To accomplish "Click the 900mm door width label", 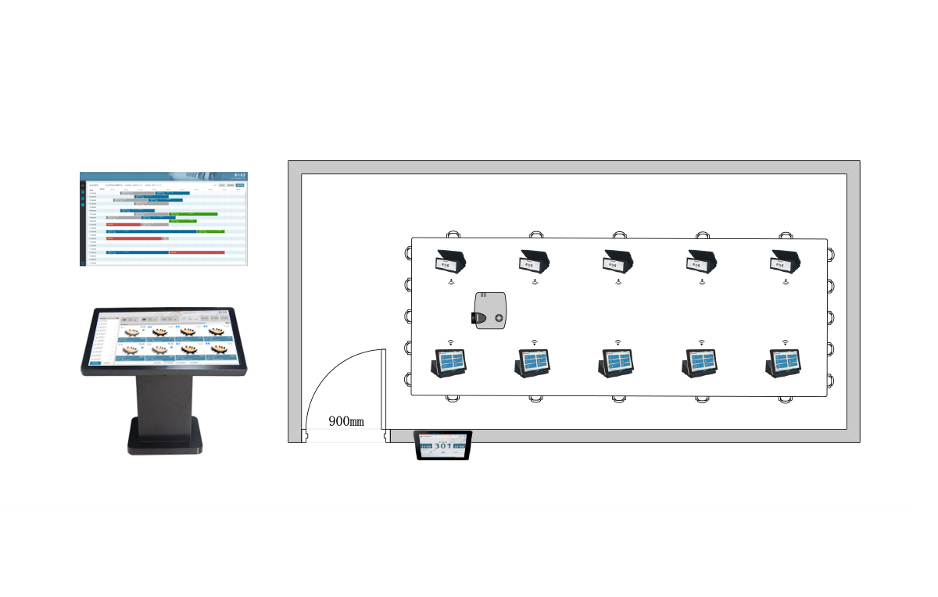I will (345, 421).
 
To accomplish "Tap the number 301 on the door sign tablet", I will (442, 449).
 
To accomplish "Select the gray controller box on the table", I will (491, 311).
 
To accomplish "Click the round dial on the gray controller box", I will (499, 318).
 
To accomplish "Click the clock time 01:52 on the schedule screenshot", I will (239, 175).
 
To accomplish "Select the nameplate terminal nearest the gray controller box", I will (451, 260).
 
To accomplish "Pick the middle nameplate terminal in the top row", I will (618, 260).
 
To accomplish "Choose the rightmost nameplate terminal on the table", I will (785, 260).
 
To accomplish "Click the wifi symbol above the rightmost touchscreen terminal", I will (785, 342).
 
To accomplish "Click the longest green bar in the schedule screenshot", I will (193, 213).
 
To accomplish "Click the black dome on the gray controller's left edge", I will (474, 317).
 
